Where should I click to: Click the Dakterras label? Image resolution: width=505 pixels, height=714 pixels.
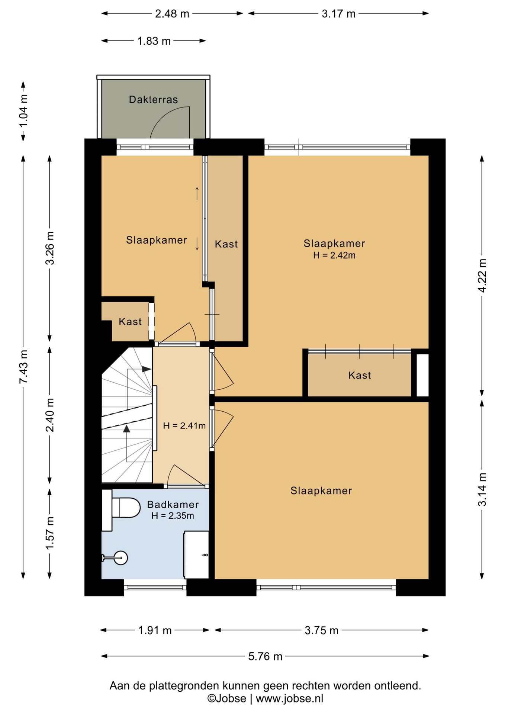(x=153, y=100)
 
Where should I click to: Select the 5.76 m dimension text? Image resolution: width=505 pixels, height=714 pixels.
(x=265, y=656)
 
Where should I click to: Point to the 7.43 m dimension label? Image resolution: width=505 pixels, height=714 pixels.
(x=23, y=367)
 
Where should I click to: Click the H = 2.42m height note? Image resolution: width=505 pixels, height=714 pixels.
(x=334, y=255)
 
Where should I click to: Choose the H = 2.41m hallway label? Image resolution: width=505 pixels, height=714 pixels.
(x=184, y=426)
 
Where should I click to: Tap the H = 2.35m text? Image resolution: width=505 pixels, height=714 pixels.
(x=173, y=516)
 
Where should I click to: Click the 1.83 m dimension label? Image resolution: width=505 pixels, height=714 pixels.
(x=154, y=41)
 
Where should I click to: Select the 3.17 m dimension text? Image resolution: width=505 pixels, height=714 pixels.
(x=338, y=14)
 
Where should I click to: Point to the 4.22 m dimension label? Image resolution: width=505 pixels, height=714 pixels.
(x=482, y=276)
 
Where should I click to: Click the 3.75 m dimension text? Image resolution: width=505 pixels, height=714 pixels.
(x=321, y=630)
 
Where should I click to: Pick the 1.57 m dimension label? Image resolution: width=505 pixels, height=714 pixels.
(x=50, y=533)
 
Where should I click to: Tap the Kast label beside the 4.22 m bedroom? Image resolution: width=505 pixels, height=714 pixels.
(x=360, y=375)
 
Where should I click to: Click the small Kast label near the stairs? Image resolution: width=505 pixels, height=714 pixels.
(x=130, y=322)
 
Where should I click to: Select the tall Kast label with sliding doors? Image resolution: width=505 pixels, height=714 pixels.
(x=226, y=244)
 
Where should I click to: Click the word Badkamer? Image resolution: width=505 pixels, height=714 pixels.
(x=173, y=505)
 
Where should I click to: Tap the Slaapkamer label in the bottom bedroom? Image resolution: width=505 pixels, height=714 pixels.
(x=321, y=491)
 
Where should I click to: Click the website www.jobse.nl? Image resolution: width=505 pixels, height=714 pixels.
(x=289, y=698)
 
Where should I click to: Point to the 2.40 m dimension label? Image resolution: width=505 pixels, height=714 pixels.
(x=50, y=415)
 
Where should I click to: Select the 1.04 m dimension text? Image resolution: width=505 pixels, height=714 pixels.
(x=23, y=111)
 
